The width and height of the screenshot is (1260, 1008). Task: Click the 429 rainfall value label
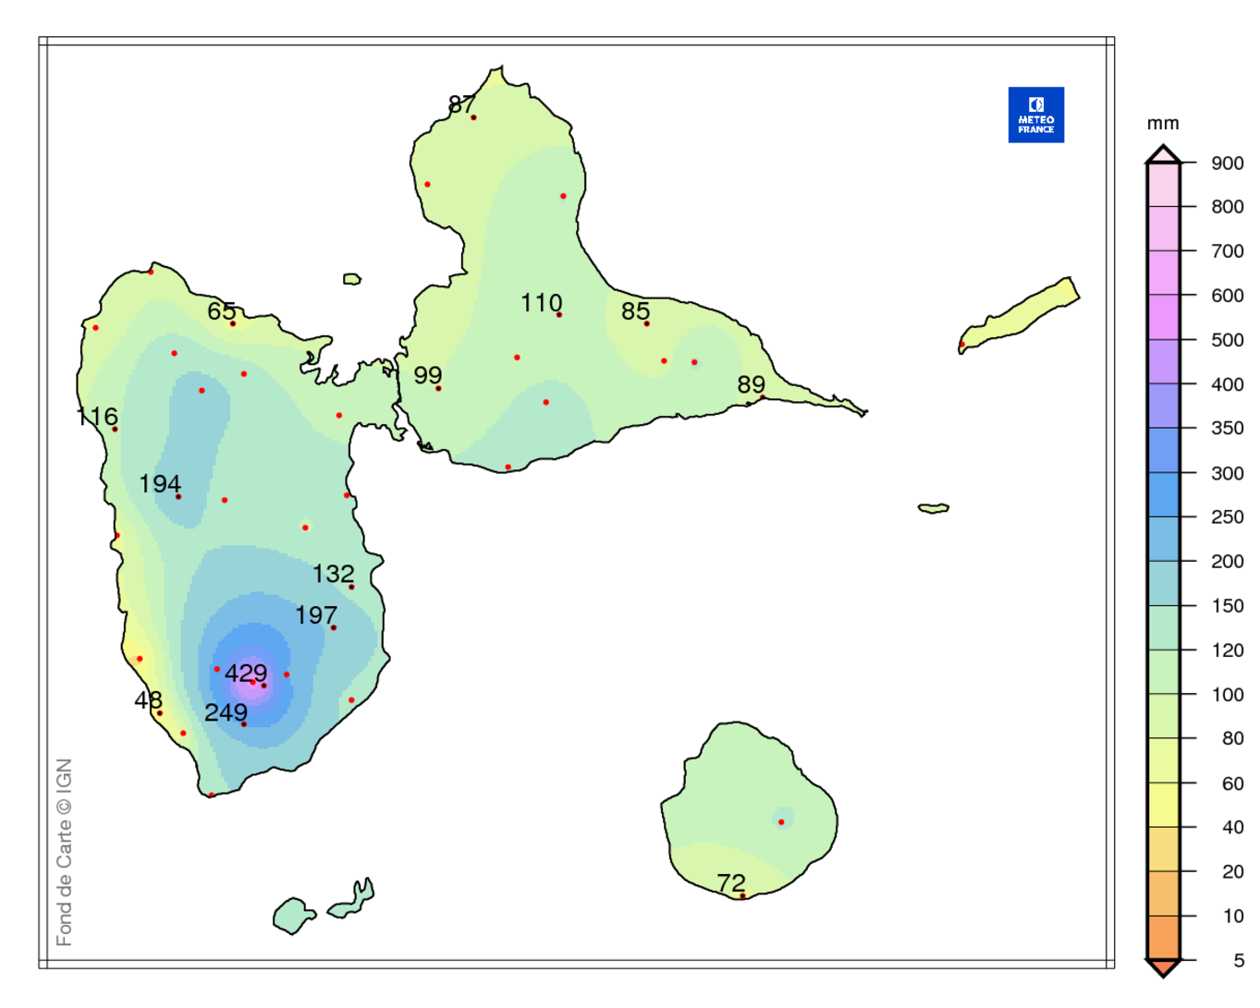(x=246, y=673)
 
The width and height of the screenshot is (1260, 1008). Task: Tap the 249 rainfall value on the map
(x=226, y=712)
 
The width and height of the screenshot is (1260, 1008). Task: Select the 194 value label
(x=160, y=483)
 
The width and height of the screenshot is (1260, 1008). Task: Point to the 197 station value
(x=316, y=614)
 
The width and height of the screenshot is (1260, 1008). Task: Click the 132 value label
(x=334, y=574)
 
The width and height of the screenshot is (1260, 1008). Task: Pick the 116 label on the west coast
(x=98, y=417)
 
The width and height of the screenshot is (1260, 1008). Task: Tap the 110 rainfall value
(x=542, y=303)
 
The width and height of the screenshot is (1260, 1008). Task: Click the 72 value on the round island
(x=731, y=883)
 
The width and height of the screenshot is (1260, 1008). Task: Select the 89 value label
(x=752, y=384)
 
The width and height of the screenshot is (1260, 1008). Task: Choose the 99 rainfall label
(x=428, y=375)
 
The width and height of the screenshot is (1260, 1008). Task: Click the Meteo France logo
(x=1035, y=115)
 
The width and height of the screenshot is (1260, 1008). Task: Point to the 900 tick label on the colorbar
(x=1227, y=164)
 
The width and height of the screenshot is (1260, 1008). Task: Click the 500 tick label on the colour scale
(x=1227, y=340)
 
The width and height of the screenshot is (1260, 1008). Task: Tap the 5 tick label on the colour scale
(x=1238, y=961)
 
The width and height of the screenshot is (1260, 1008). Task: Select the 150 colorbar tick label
(x=1227, y=606)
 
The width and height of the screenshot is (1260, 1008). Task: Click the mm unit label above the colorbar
(x=1163, y=124)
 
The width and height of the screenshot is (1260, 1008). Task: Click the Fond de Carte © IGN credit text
(x=64, y=852)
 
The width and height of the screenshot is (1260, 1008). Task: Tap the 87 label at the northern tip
(x=461, y=104)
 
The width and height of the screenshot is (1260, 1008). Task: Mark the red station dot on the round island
(x=781, y=821)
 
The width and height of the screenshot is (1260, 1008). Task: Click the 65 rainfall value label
(x=222, y=311)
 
